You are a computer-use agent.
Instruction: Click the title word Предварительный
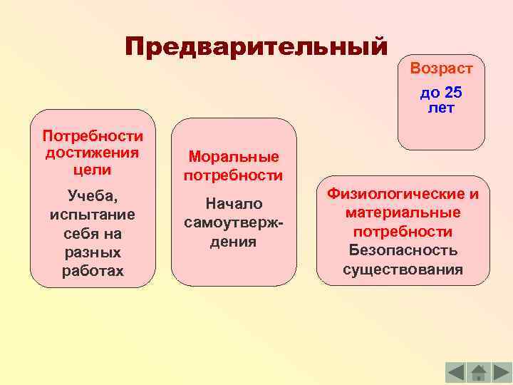click(256, 48)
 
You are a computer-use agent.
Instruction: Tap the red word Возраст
click(440, 69)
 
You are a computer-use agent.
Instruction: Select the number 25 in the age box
click(452, 93)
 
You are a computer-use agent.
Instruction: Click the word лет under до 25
click(440, 108)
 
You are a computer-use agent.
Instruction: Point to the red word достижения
click(92, 153)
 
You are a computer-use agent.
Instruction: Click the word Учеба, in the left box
click(92, 195)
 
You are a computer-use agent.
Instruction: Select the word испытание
click(92, 215)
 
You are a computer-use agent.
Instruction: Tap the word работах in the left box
click(92, 272)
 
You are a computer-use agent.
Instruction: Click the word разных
click(92, 252)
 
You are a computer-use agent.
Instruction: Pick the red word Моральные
click(234, 157)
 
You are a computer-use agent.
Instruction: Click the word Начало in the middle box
click(234, 204)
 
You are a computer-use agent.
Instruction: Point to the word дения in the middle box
click(234, 242)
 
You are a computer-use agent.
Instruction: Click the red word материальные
click(403, 213)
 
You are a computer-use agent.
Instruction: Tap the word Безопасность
click(403, 251)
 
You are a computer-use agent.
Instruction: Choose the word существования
click(403, 270)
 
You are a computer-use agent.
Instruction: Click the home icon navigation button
click(479, 372)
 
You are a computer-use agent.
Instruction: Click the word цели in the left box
click(92, 170)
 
